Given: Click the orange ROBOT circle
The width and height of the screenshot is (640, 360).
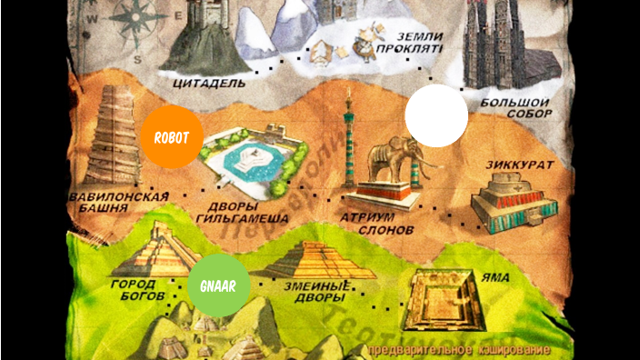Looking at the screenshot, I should click(172, 137).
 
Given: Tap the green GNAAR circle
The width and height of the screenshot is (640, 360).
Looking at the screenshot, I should click(218, 285).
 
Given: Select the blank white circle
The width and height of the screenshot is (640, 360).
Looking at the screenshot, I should click(436, 115).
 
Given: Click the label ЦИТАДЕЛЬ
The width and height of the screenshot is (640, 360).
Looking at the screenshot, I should click(208, 83).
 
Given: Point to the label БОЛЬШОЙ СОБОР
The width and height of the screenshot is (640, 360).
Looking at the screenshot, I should click(515, 110).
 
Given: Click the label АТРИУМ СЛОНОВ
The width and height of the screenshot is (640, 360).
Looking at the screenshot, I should click(377, 225).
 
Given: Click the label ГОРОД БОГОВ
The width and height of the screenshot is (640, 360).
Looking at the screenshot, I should click(138, 290).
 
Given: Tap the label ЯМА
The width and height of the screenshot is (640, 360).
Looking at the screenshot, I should click(496, 277).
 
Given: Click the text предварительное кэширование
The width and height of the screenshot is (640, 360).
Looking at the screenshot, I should click(458, 350).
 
